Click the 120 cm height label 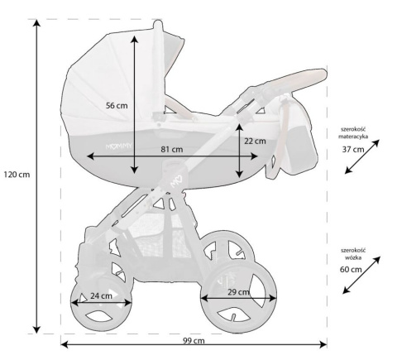tap(16, 175)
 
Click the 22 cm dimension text tap(255, 141)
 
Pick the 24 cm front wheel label tap(102, 295)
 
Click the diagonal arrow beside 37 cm tap(363, 156)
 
